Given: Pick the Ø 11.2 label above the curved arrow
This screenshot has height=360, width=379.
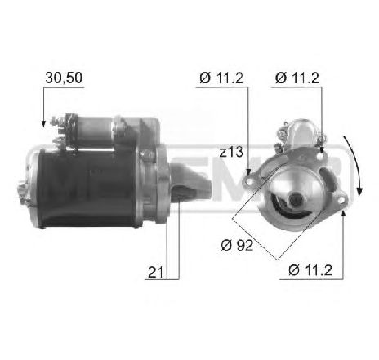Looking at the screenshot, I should click(296, 78).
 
